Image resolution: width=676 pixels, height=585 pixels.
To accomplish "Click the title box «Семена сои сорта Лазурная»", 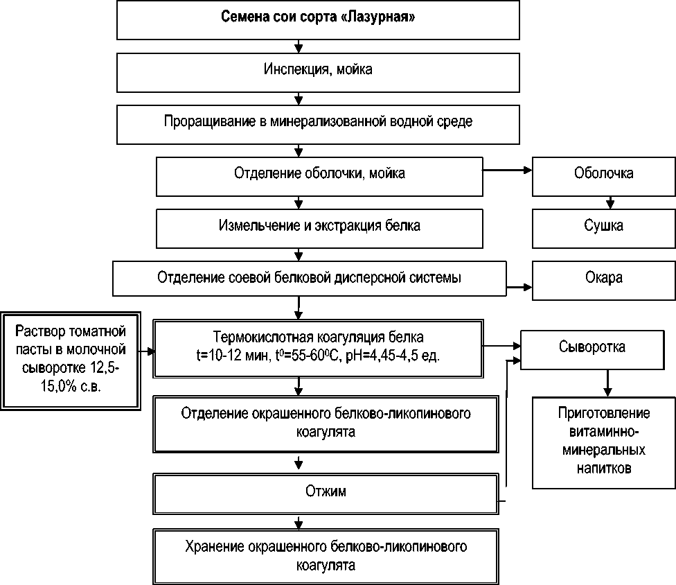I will pyautogui.click(x=319, y=19).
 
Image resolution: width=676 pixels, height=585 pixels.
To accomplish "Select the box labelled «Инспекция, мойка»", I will pyautogui.click(x=319, y=70).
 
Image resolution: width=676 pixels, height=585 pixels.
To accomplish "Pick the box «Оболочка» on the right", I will pyautogui.click(x=603, y=173).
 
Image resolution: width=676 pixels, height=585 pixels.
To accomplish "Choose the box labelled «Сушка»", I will pyautogui.click(x=603, y=225).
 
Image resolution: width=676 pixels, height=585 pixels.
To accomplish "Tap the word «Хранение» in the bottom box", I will pyautogui.click(x=214, y=546).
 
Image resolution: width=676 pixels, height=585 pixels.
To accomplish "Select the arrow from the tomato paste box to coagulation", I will pyautogui.click(x=145, y=351).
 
